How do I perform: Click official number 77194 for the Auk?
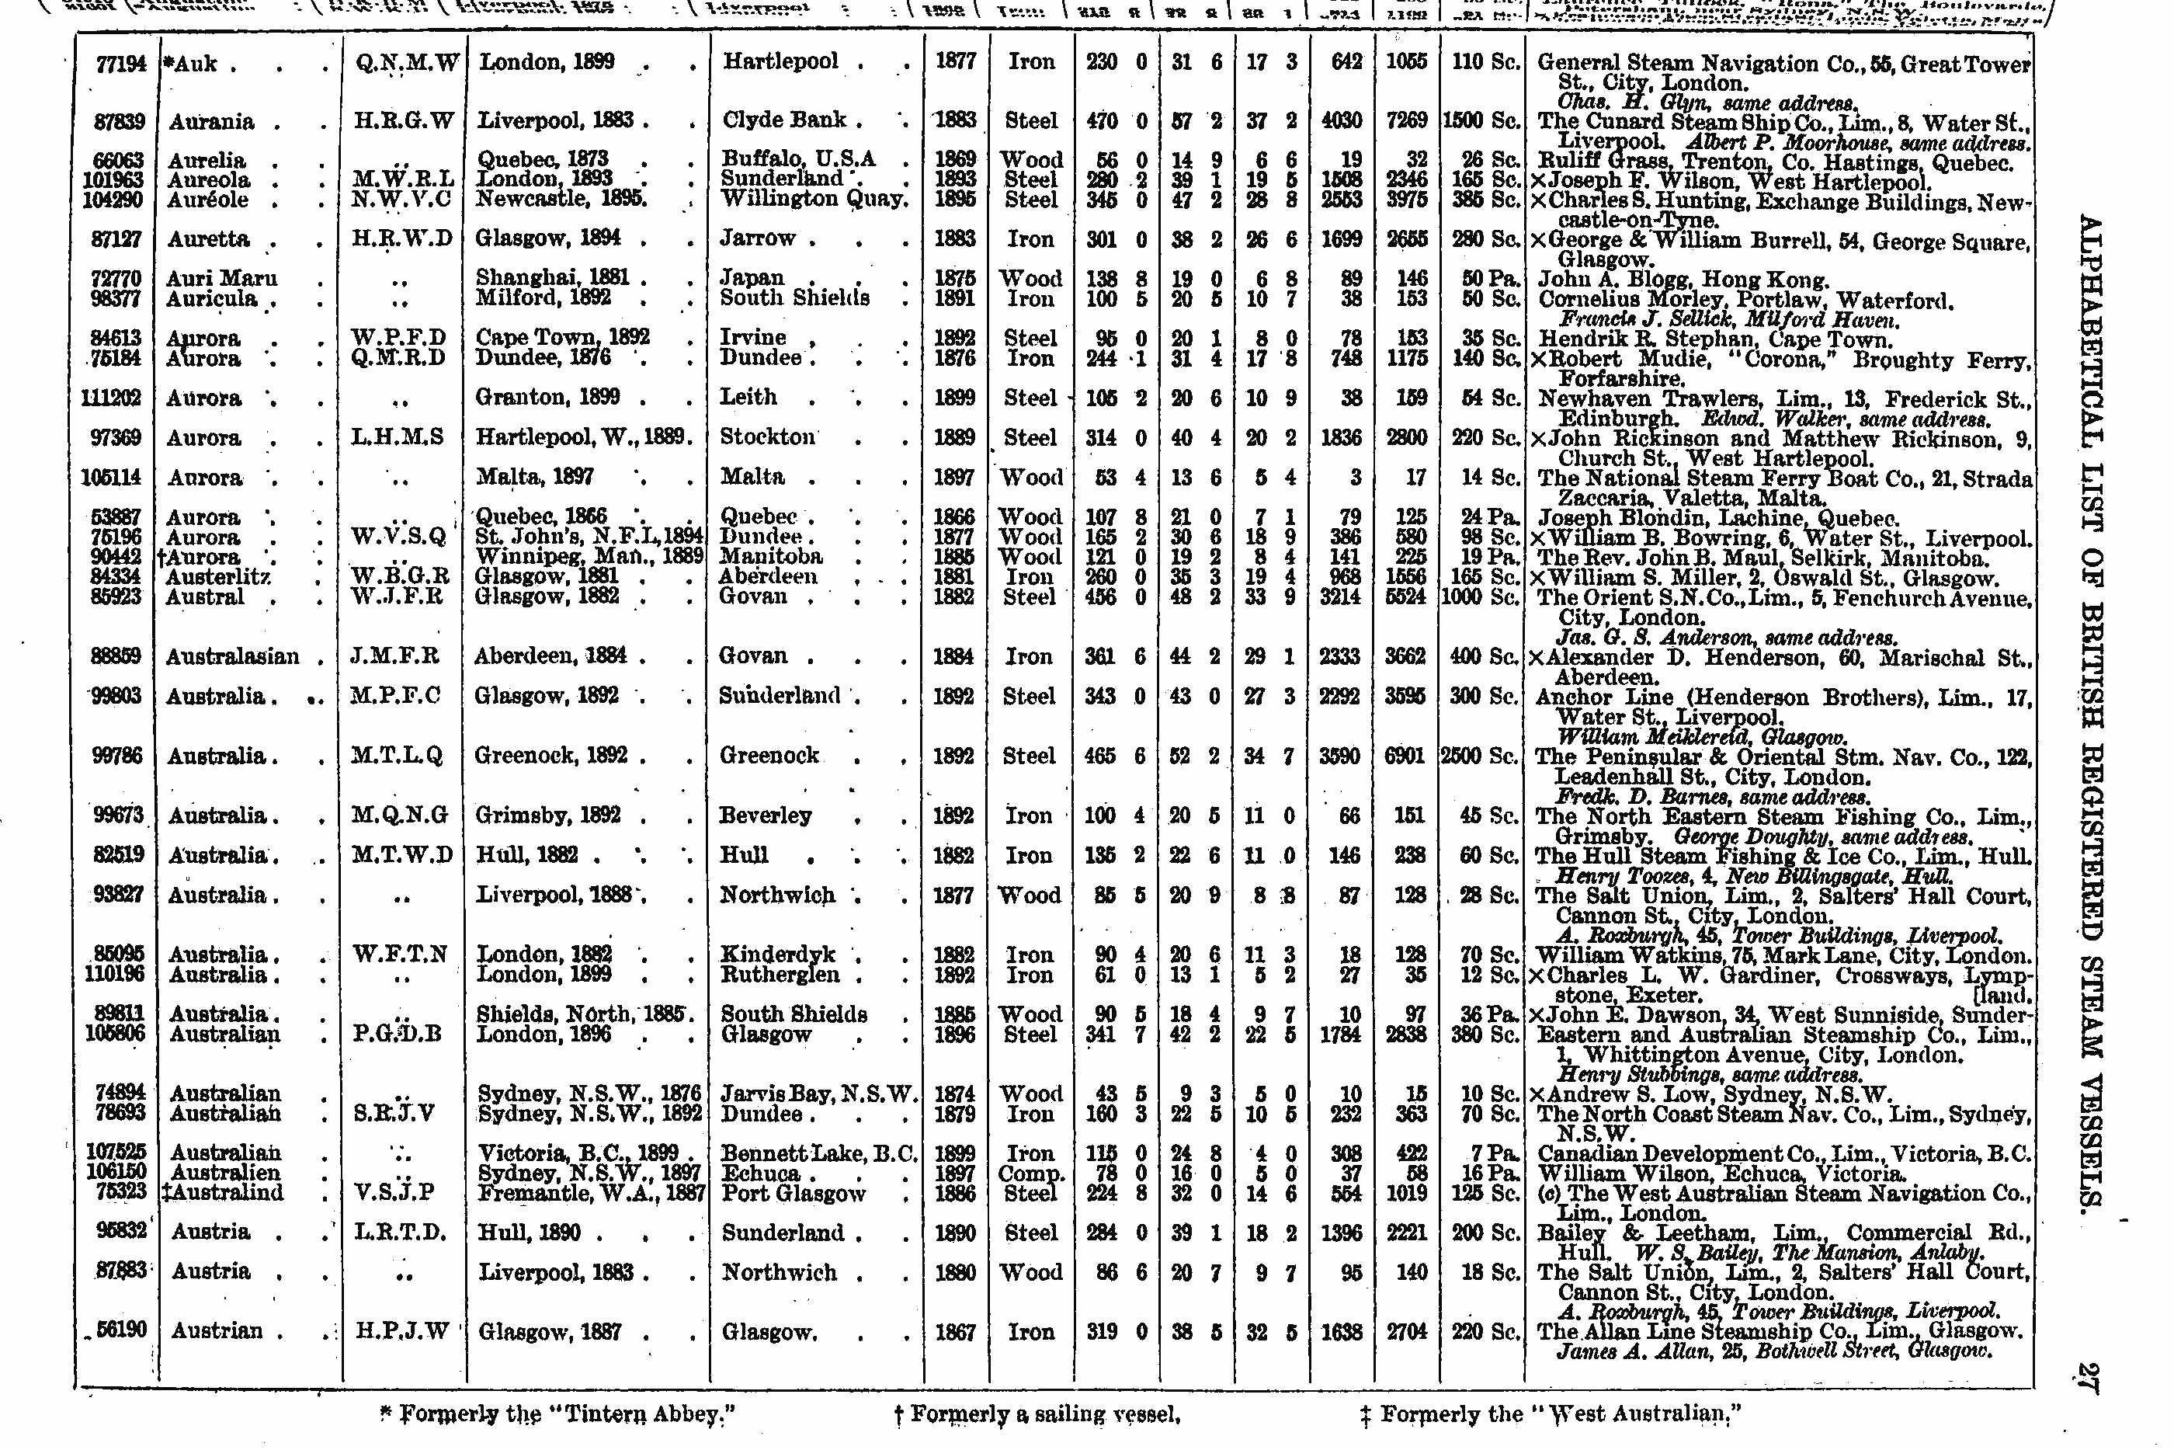pyautogui.click(x=121, y=64)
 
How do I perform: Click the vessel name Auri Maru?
pyautogui.click(x=222, y=278)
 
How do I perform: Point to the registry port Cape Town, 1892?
pyautogui.click(x=563, y=338)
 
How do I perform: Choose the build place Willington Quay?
pyautogui.click(x=812, y=200)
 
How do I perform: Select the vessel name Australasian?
pyautogui.click(x=233, y=656)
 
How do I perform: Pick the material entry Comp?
pyautogui.click(x=1030, y=1173)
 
